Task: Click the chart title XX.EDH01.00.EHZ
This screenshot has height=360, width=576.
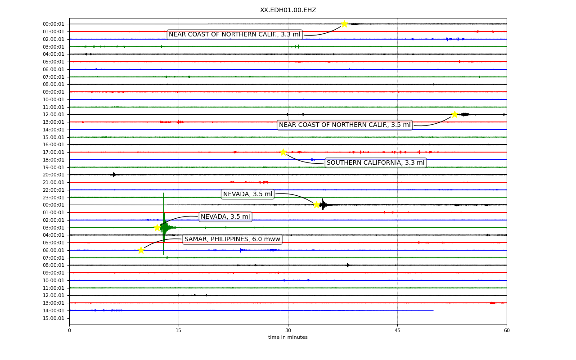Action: (x=288, y=10)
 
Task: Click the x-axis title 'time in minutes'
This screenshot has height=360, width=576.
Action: (x=288, y=337)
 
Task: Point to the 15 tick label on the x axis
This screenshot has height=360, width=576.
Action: (x=179, y=330)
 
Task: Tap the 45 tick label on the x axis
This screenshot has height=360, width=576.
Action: (x=397, y=330)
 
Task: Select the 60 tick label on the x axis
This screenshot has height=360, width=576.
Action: (x=507, y=330)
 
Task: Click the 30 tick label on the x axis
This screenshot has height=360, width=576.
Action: (x=288, y=330)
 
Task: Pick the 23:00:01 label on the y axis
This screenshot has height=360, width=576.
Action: (x=54, y=198)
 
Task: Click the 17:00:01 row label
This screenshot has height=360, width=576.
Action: (x=54, y=152)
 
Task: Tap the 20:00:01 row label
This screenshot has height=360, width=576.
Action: (x=54, y=175)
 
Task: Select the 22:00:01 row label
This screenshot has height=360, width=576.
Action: (x=54, y=190)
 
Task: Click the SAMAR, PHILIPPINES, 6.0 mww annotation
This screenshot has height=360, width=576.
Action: (x=232, y=239)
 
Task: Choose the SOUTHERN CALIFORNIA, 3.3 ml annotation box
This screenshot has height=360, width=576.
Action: (x=376, y=163)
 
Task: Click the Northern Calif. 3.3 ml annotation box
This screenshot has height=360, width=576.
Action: (x=234, y=35)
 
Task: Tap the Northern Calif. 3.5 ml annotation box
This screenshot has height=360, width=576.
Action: (x=345, y=125)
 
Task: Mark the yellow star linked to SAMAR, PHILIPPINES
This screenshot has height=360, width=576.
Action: (x=141, y=250)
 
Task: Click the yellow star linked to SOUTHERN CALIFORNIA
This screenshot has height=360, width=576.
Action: (x=283, y=152)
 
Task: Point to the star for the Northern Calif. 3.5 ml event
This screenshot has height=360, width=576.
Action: (x=454, y=114)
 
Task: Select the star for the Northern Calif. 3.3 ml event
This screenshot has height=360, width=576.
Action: (x=344, y=24)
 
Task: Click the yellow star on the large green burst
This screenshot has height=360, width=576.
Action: (x=157, y=228)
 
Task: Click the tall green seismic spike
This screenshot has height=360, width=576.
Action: (x=163, y=224)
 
